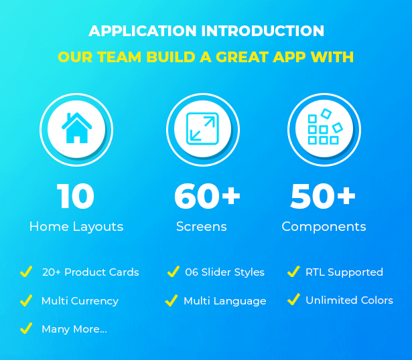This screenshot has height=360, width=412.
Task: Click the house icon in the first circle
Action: pyautogui.click(x=76, y=128)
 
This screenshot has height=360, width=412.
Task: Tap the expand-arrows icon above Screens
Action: pyautogui.click(x=202, y=128)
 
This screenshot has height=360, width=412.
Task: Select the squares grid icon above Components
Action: pyautogui.click(x=326, y=126)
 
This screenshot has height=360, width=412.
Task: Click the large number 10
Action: pyautogui.click(x=76, y=196)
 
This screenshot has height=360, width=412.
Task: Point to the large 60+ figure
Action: pyautogui.click(x=207, y=196)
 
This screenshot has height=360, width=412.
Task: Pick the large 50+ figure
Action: pyautogui.click(x=323, y=196)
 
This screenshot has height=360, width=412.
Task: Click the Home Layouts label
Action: pyautogui.click(x=76, y=227)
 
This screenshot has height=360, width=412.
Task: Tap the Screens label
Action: pyautogui.click(x=201, y=226)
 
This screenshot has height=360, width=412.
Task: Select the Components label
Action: pyautogui.click(x=324, y=227)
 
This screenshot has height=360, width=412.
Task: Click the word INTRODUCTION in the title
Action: pyautogui.click(x=263, y=31)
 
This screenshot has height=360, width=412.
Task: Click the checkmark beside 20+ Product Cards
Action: pyautogui.click(x=26, y=271)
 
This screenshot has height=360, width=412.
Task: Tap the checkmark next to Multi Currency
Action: pyautogui.click(x=26, y=300)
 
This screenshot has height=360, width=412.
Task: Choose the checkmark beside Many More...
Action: pyautogui.click(x=26, y=329)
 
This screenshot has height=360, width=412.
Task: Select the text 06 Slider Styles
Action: pyautogui.click(x=224, y=272)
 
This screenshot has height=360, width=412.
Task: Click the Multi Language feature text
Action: pyautogui.click(x=225, y=301)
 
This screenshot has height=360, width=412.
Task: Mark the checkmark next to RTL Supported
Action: pyautogui.click(x=293, y=271)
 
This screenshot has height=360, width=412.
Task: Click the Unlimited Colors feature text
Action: pyautogui.click(x=349, y=300)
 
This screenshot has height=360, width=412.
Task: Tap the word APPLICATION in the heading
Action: pyautogui.click(x=143, y=31)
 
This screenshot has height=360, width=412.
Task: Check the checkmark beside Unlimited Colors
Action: pyautogui.click(x=293, y=299)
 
